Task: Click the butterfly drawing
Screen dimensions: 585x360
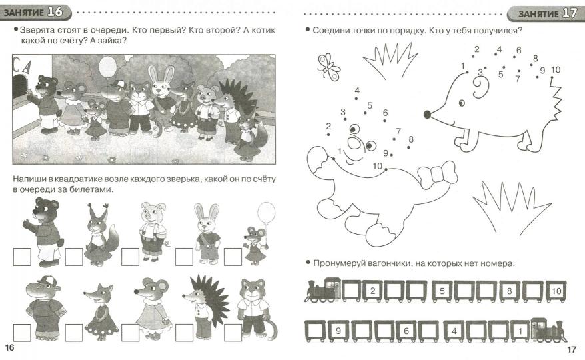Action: [328, 67]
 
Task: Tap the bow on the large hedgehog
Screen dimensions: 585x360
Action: [437, 174]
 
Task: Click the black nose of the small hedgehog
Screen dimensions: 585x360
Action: [428, 114]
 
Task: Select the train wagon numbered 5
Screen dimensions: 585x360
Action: [442, 291]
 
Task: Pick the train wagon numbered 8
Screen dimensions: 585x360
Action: [510, 291]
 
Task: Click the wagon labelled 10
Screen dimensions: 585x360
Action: [556, 291]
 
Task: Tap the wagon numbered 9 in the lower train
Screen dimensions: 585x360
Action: [338, 331]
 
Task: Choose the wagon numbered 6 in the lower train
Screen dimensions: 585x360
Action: [406, 331]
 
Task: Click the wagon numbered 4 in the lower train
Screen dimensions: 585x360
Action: [454, 331]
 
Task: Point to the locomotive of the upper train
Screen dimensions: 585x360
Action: [322, 290]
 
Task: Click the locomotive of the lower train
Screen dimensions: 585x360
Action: [548, 330]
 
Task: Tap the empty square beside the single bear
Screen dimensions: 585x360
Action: [22, 257]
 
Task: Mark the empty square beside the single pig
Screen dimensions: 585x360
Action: [130, 257]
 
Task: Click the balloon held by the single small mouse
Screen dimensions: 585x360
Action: [266, 212]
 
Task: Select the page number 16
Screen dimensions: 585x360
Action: [9, 348]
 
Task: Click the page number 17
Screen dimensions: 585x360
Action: [572, 349]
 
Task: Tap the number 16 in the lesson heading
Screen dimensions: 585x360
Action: [55, 12]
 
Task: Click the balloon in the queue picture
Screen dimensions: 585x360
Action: [107, 67]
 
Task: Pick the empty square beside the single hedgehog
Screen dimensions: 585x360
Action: [185, 333]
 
